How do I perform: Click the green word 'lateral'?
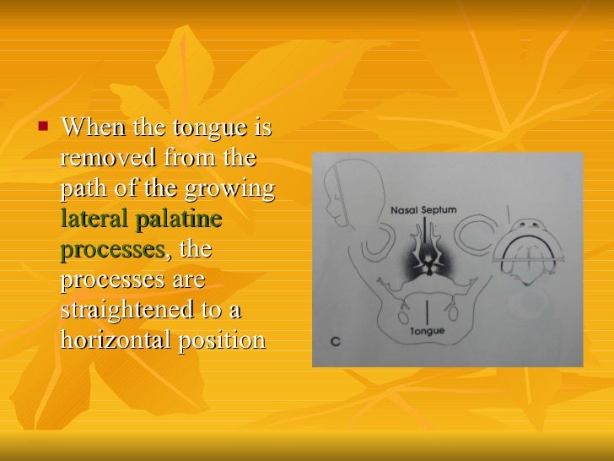pos(92,220)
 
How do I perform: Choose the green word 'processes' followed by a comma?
pos(113,251)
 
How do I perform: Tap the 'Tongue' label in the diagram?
pos(428,331)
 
